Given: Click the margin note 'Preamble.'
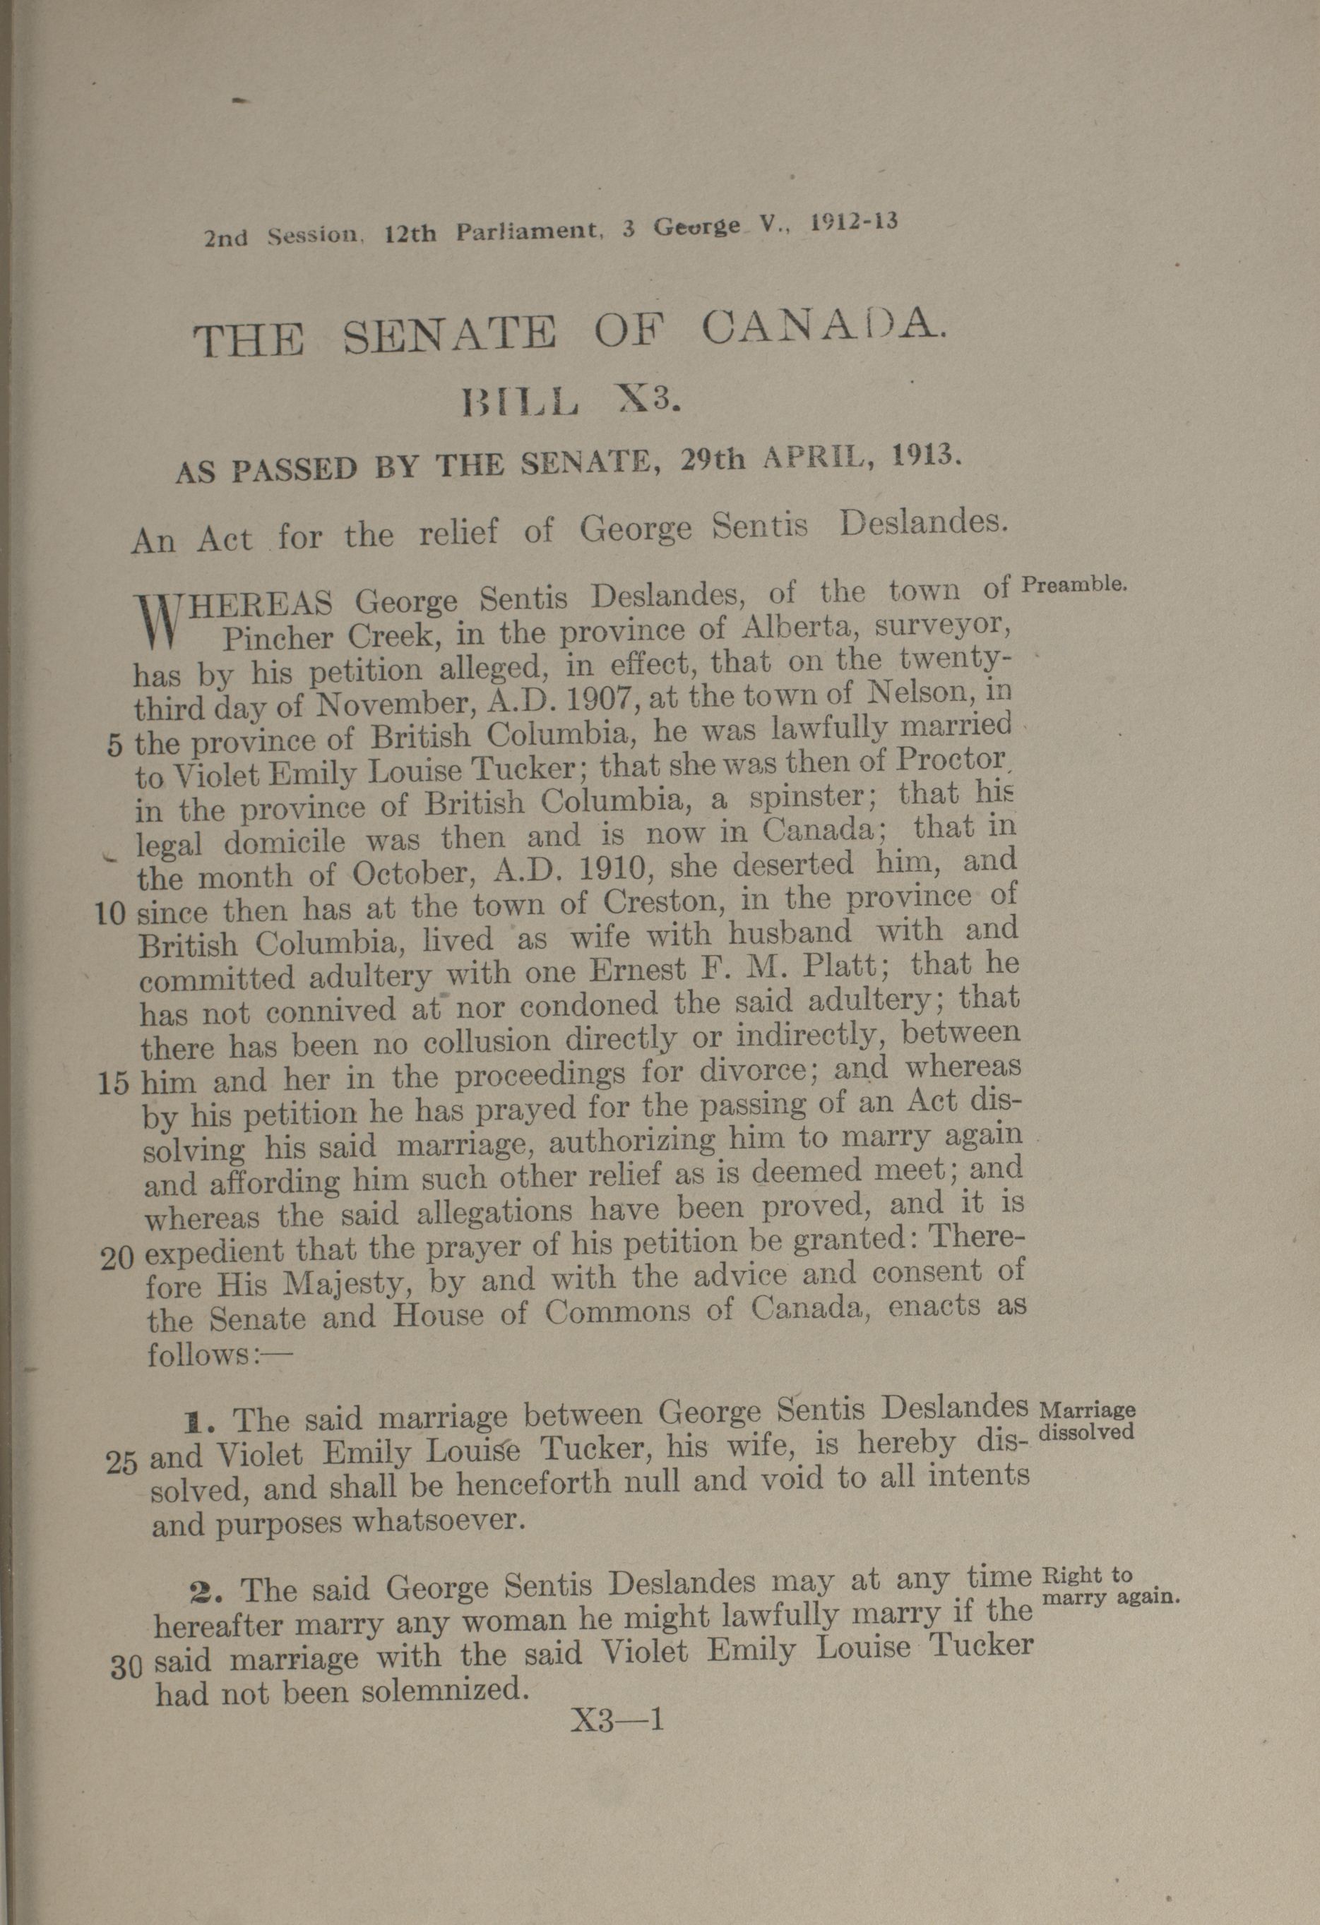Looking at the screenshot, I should [x=1073, y=583].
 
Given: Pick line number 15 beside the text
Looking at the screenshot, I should [x=114, y=1084].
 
